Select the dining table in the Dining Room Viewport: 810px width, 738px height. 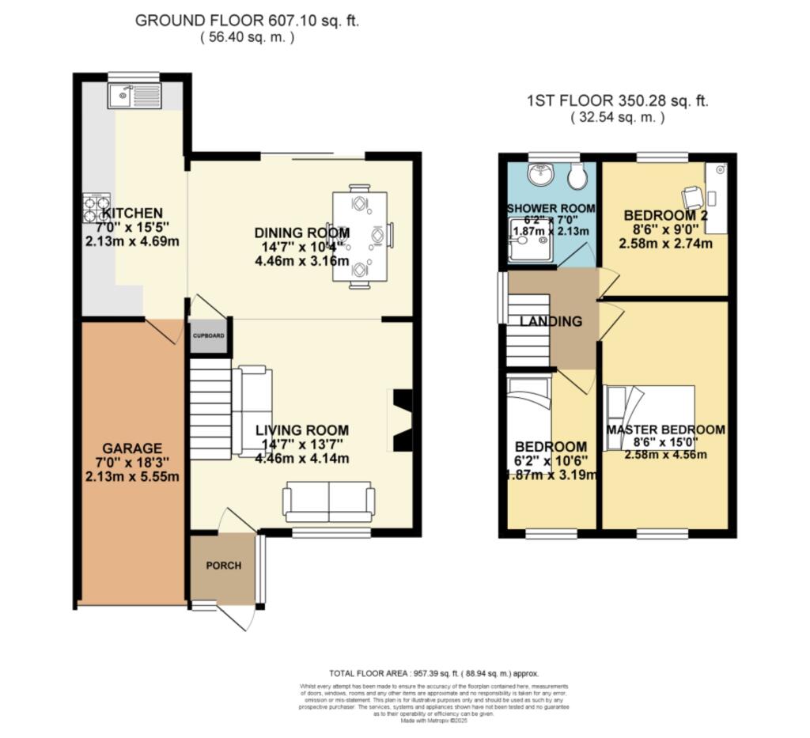[x=360, y=235]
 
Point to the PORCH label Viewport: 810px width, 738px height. [x=224, y=566]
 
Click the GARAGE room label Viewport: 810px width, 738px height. [x=131, y=448]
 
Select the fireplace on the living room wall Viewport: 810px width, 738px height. [x=403, y=420]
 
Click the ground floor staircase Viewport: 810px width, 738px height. [x=210, y=411]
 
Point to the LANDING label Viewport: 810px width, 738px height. [x=551, y=321]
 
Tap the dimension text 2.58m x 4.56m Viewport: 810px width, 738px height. [x=664, y=454]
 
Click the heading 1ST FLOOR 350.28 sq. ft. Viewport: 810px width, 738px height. [x=617, y=101]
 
